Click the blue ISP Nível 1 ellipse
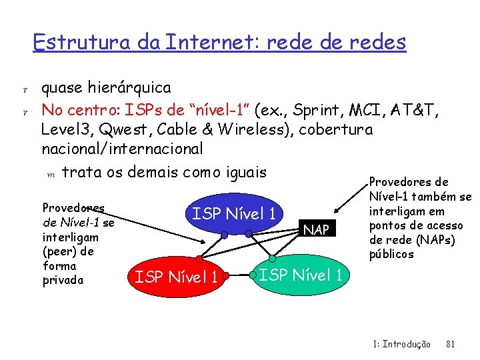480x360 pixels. tap(233, 214)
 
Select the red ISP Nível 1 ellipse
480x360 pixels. tap(176, 275)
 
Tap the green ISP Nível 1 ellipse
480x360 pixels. tap(301, 275)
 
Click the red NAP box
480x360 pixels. tap(316, 229)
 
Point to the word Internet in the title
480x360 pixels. tap(211, 42)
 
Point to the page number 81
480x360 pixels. tap(449, 344)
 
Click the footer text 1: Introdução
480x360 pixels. tap(402, 344)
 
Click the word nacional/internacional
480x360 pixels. tap(122, 148)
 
